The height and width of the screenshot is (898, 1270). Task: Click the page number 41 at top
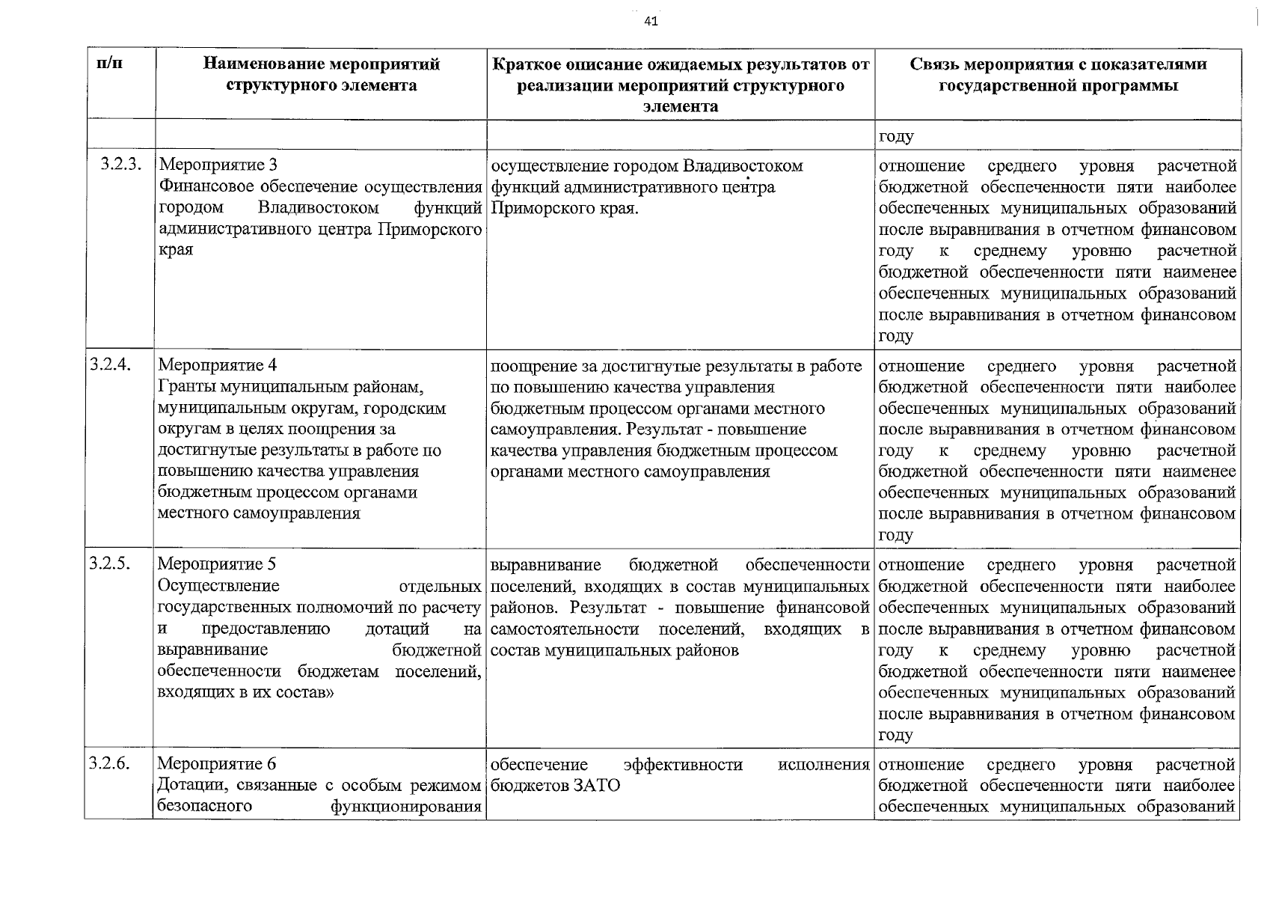tap(651, 22)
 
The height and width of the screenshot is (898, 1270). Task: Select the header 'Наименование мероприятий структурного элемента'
tap(322, 75)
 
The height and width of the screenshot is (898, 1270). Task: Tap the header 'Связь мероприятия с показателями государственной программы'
tap(1058, 75)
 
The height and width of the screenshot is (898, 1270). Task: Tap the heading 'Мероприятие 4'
tap(218, 366)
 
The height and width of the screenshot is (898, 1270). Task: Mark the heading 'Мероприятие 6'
tap(217, 764)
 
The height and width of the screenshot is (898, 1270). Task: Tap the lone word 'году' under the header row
tap(896, 137)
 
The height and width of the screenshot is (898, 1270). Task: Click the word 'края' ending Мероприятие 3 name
tap(176, 249)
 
